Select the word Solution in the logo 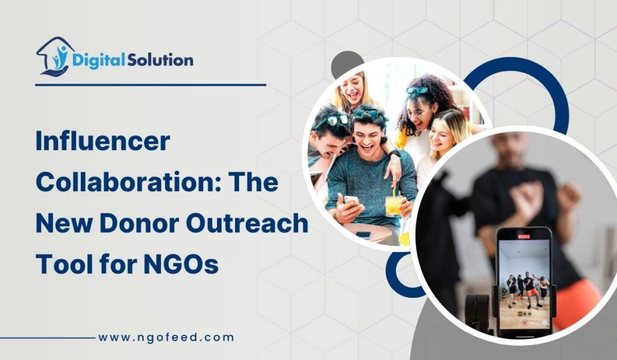pos(160,60)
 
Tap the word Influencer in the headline pos(103,142)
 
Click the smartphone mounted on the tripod pos(523,280)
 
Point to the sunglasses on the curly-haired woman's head pos(418,90)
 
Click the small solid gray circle pos(346,63)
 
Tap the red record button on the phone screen pos(524,323)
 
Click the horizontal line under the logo pos(151,85)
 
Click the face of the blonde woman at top pos(352,90)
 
